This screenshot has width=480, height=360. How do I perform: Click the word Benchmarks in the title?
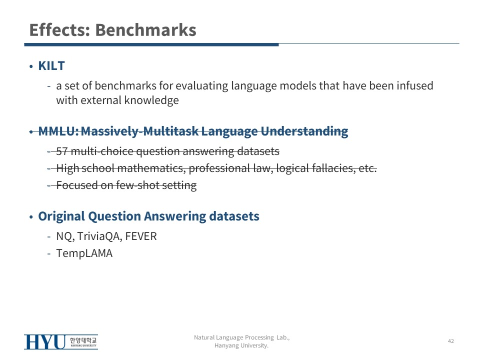145,30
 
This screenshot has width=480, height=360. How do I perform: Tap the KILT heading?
51,66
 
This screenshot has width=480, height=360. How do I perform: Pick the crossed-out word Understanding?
304,131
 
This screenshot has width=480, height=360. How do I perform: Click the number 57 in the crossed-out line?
62,151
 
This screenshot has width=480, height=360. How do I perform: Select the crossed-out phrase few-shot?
138,185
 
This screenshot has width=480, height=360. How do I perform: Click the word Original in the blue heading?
61,216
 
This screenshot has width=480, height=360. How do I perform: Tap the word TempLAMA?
84,253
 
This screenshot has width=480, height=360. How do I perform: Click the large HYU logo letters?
45,342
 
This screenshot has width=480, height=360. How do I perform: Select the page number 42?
451,341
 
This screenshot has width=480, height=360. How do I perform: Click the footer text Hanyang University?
241,345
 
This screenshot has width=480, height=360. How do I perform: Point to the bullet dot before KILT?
31,66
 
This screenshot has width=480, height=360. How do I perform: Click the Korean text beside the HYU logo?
83,340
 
